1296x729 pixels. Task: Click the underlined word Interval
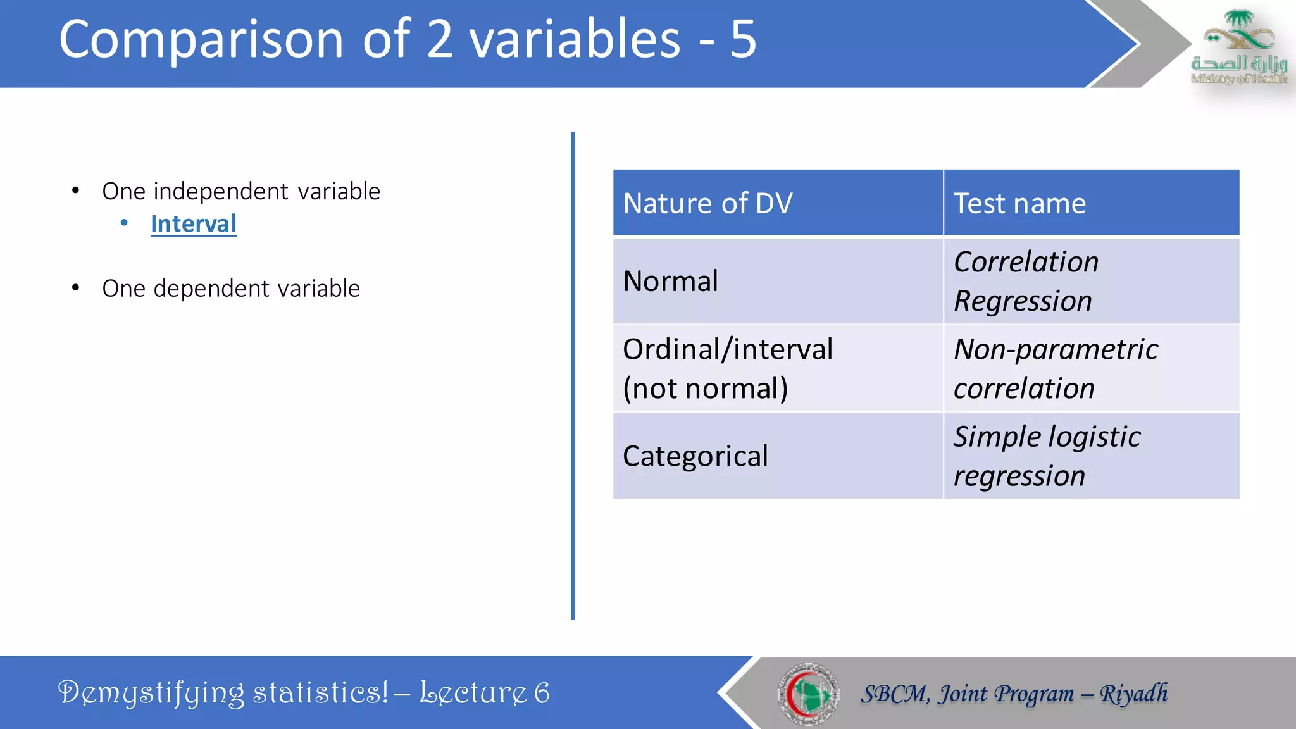(x=193, y=224)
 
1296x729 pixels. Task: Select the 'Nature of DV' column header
(x=707, y=204)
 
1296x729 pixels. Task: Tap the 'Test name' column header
(x=1019, y=204)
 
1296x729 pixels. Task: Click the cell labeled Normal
(x=671, y=281)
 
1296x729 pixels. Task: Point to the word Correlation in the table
(x=1026, y=262)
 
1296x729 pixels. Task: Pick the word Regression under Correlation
(x=1023, y=301)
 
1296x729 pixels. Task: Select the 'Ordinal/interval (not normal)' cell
(x=728, y=368)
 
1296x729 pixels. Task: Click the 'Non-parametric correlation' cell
(x=1056, y=368)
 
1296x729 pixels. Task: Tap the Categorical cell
(x=695, y=456)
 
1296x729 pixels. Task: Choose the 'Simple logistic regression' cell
(x=1047, y=456)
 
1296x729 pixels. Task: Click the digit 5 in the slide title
(x=743, y=39)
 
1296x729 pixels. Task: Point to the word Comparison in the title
(x=201, y=39)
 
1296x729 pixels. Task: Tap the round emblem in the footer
(x=808, y=694)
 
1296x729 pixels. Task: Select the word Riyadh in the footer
(x=1133, y=694)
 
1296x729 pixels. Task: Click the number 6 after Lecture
(x=542, y=693)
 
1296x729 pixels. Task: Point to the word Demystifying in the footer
(x=151, y=693)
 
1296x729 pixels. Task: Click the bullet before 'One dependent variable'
(x=75, y=289)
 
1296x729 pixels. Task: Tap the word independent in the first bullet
(x=221, y=191)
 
